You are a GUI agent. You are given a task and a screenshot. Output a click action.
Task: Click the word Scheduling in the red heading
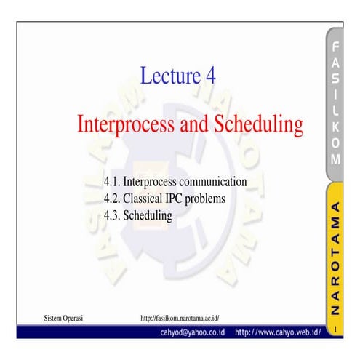click(258, 125)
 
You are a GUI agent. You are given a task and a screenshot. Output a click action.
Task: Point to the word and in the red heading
click(193, 125)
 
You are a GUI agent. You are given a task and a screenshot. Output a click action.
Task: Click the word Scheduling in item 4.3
click(150, 216)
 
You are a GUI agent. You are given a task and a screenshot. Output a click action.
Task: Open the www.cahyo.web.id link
click(278, 332)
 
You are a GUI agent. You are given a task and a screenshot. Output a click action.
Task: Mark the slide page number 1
click(335, 332)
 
